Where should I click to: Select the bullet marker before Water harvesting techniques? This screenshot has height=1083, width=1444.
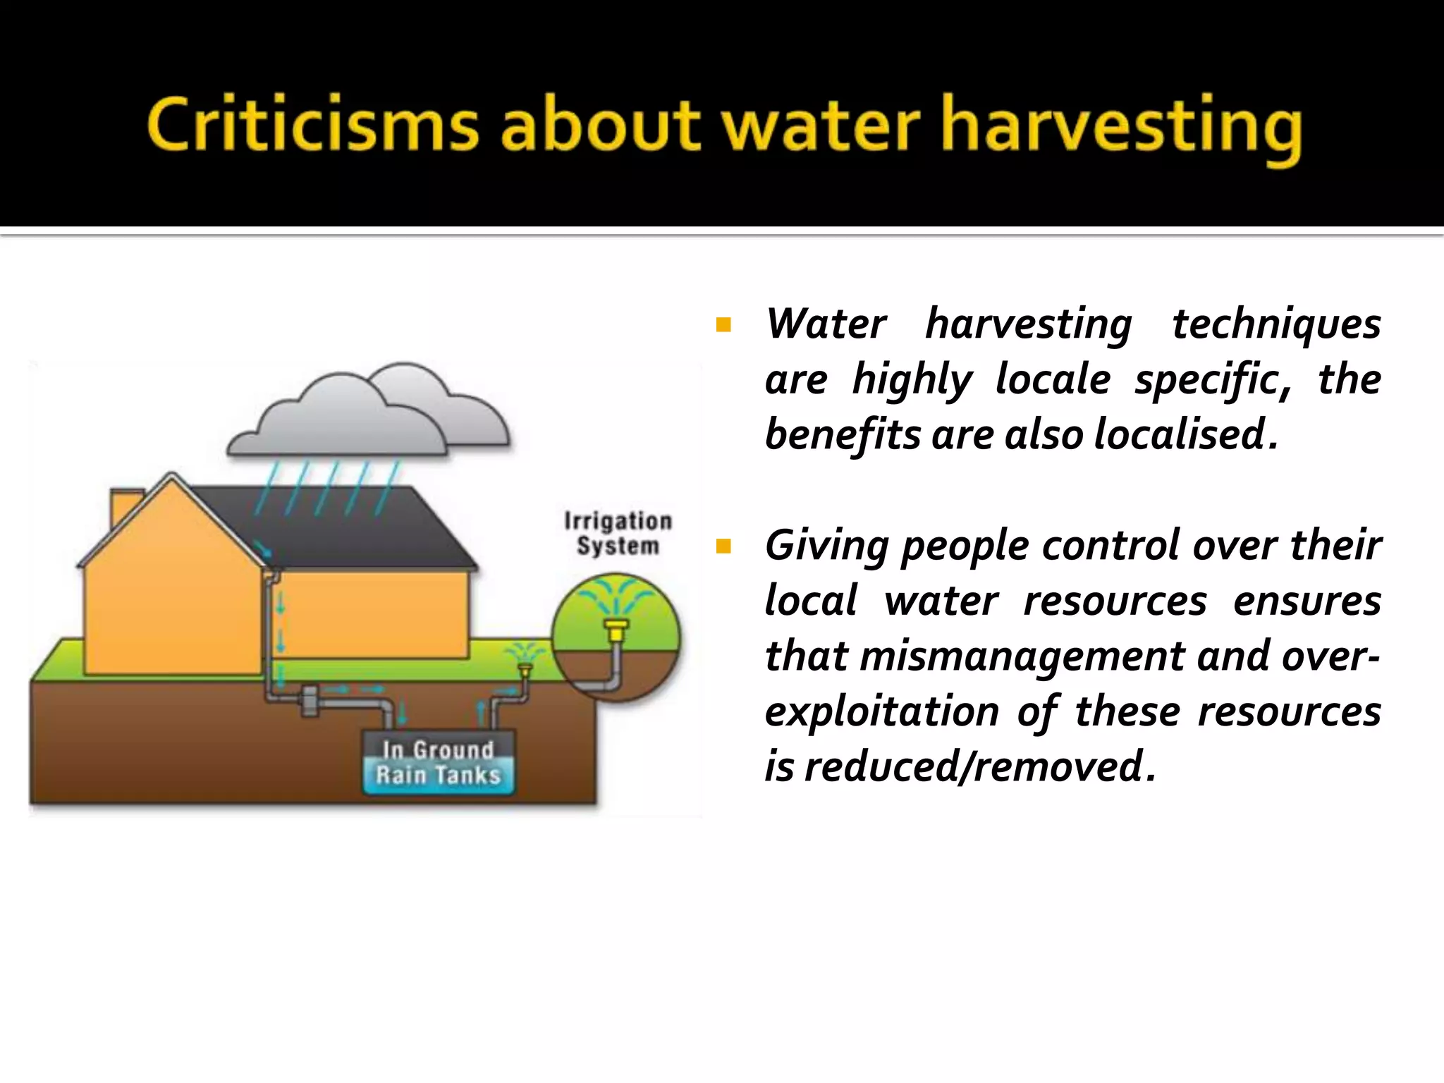(x=723, y=325)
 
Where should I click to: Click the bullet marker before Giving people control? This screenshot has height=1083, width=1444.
(x=723, y=546)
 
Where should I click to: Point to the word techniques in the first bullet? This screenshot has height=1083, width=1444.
(x=1276, y=324)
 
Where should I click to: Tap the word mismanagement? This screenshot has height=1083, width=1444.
(x=1022, y=656)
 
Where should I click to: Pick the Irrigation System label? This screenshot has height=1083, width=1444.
(x=618, y=533)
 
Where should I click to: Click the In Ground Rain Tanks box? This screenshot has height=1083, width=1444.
(x=438, y=763)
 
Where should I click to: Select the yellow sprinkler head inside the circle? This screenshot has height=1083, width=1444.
(x=616, y=628)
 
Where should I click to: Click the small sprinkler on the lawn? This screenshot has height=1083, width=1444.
(x=524, y=667)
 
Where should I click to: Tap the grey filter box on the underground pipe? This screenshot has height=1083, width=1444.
(x=309, y=700)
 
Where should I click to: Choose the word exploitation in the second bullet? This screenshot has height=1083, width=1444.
(x=881, y=711)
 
